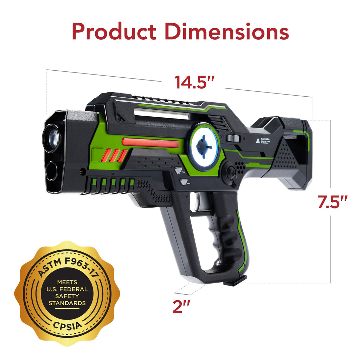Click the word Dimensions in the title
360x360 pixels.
click(227, 32)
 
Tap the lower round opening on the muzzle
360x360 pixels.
click(52, 171)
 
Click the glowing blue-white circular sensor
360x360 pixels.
click(204, 147)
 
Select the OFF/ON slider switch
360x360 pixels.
click(232, 138)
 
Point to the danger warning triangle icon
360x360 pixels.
click(258, 141)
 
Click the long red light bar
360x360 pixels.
click(150, 143)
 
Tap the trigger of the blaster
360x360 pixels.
click(199, 204)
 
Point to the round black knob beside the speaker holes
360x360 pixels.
click(231, 172)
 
